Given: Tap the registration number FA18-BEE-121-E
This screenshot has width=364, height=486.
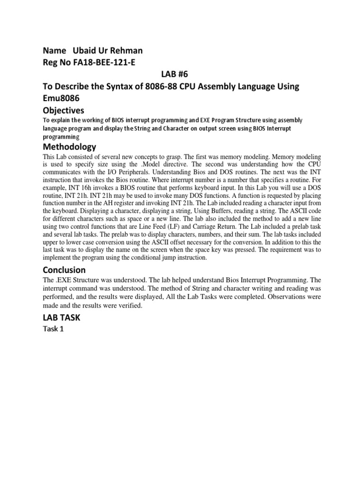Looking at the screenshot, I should coord(100,63).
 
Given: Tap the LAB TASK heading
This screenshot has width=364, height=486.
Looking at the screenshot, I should coord(62,318).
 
